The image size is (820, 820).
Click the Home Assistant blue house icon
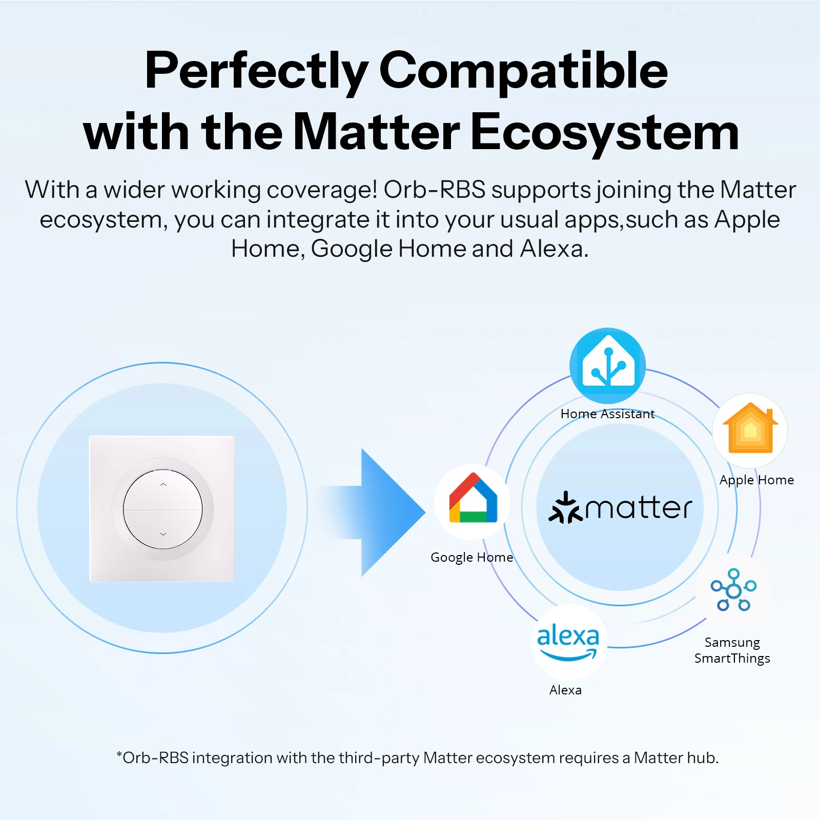click(608, 365)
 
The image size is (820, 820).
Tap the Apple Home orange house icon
click(750, 429)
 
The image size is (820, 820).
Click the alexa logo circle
click(569, 642)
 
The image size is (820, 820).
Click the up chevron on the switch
click(163, 484)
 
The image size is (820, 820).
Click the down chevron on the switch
click(163, 534)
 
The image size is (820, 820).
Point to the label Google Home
click(471, 557)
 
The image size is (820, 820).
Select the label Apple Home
click(756, 480)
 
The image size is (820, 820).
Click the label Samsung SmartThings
click(732, 650)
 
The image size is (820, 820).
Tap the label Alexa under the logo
click(565, 690)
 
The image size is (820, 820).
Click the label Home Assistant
click(607, 414)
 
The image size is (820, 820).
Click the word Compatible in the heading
click(523, 72)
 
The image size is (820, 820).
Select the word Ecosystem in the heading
click(605, 133)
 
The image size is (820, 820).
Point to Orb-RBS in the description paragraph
click(434, 190)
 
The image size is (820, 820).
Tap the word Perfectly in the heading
click(256, 72)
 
